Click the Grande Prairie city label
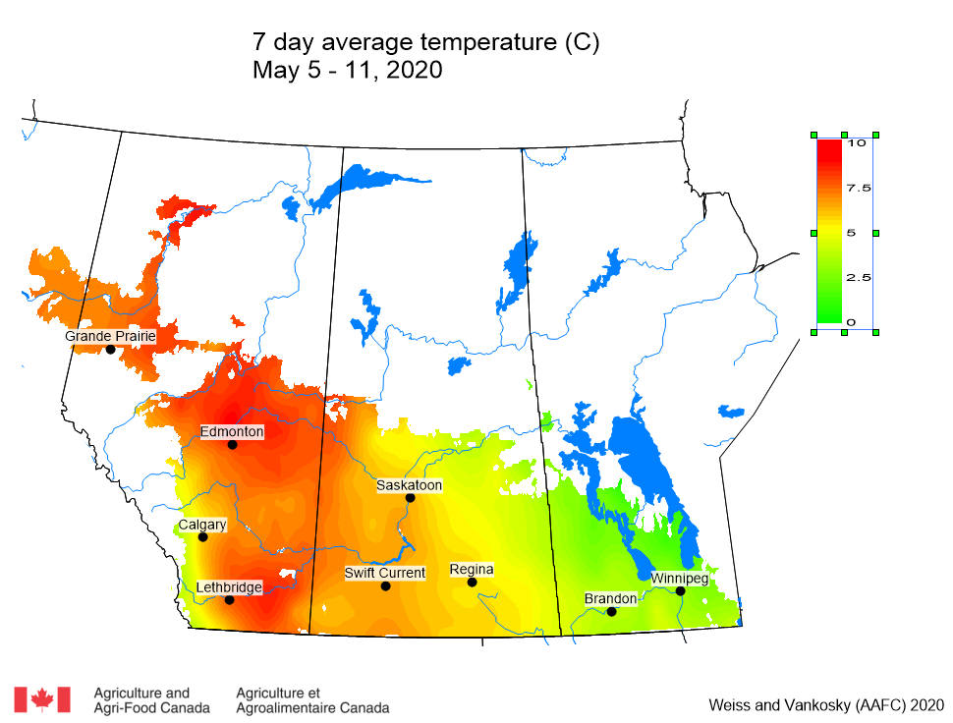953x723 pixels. [x=110, y=336]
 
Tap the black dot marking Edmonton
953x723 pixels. [x=233, y=445]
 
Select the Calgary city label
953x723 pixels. [x=202, y=525]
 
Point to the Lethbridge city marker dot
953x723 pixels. [x=229, y=600]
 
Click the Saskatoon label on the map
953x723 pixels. [x=410, y=485]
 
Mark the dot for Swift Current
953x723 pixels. [x=386, y=586]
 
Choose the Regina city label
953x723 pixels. [x=472, y=570]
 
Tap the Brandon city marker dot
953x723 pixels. [x=611, y=612]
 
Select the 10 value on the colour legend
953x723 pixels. [x=857, y=142]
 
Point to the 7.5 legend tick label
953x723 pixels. [x=859, y=188]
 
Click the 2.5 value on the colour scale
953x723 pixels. [x=859, y=278]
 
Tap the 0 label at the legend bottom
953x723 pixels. [x=851, y=322]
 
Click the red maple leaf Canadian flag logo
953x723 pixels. [x=42, y=699]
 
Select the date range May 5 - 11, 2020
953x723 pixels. [x=348, y=71]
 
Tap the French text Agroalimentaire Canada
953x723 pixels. [x=312, y=707]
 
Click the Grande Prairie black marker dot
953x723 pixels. [x=111, y=350]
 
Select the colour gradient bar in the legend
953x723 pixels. [x=828, y=232]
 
